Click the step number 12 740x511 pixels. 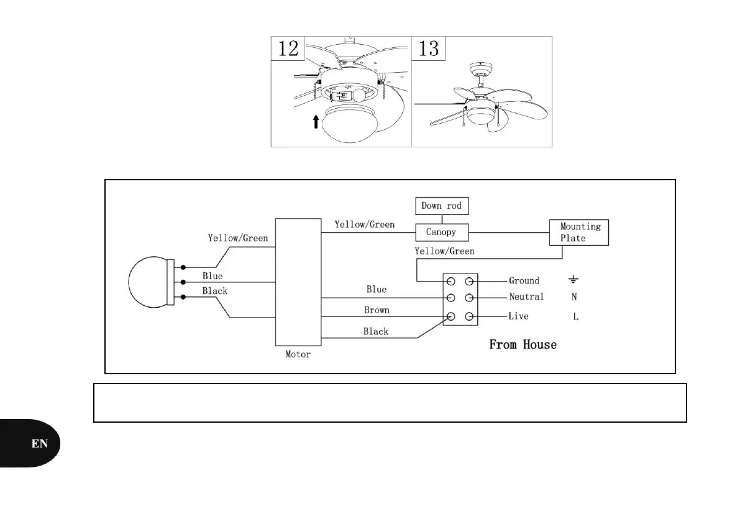click(288, 48)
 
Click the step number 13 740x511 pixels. click(429, 48)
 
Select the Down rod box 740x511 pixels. click(441, 206)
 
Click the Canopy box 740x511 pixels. click(441, 232)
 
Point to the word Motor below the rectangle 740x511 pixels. click(298, 354)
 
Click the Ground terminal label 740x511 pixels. click(524, 280)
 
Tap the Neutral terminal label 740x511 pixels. click(526, 297)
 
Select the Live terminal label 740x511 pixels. click(519, 316)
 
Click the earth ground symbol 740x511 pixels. click(575, 280)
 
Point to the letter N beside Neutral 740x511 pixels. click(575, 297)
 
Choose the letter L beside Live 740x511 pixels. click(575, 316)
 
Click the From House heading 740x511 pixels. click(523, 344)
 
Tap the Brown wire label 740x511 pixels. click(377, 310)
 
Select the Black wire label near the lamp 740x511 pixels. click(215, 291)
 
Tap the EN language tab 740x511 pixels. click(40, 443)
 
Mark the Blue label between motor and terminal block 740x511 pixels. click(377, 289)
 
